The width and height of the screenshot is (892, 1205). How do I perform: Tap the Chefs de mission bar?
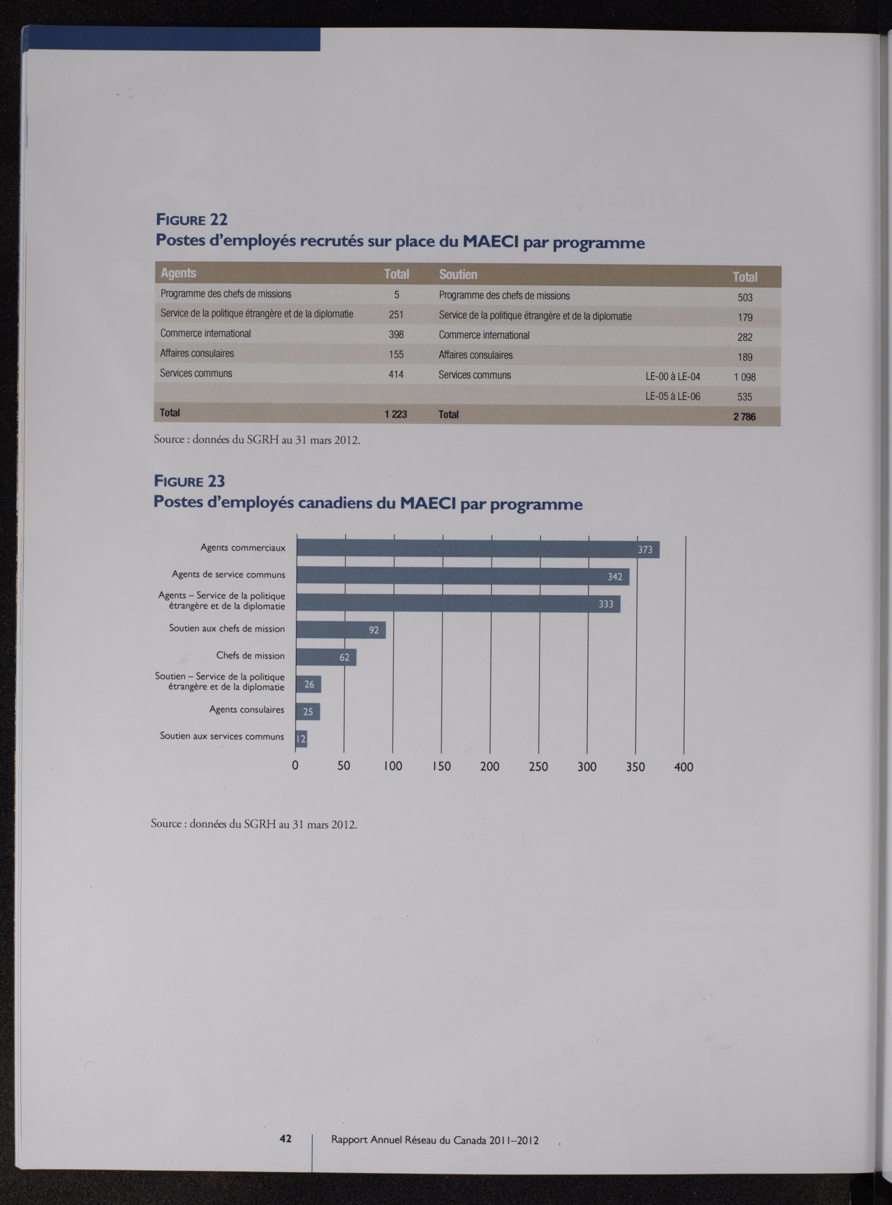326,657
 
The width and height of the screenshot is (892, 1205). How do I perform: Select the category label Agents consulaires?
247,709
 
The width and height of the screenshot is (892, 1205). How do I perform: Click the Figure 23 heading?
189,481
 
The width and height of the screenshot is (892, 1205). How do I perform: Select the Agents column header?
178,273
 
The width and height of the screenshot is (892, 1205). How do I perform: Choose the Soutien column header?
458,274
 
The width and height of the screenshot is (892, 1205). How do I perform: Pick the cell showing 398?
396,335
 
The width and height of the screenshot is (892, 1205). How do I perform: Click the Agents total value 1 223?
396,414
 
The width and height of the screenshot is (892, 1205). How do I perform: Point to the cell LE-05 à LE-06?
673,396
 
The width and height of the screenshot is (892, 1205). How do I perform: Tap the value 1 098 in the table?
744,377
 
